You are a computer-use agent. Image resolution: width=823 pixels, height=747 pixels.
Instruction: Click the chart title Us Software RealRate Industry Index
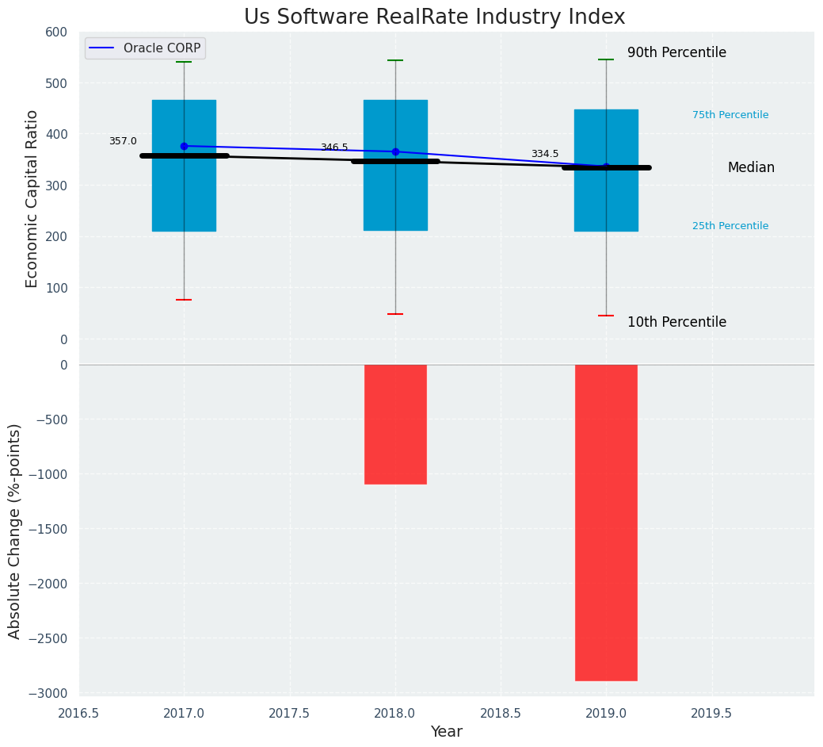[434, 17]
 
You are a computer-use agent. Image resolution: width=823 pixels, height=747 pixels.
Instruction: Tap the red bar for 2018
[395, 424]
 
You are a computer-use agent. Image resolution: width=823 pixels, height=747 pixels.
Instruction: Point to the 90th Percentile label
[676, 53]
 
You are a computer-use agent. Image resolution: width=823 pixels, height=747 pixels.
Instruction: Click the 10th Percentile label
[676, 323]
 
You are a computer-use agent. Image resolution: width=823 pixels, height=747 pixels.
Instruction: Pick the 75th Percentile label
[730, 115]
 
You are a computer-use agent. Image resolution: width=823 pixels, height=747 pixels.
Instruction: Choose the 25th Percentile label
[730, 226]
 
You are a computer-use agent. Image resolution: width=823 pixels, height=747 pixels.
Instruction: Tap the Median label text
[751, 168]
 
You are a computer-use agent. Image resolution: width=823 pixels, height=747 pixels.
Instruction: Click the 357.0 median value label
[123, 141]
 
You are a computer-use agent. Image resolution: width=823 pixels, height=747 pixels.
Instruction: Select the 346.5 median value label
[334, 147]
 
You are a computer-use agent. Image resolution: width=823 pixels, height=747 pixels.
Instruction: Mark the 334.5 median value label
[545, 154]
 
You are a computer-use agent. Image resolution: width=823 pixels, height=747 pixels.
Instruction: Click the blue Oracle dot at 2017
[184, 146]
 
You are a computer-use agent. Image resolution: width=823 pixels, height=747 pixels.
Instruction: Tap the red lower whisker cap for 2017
[184, 300]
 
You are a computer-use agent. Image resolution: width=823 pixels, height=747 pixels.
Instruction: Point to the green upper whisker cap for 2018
[395, 60]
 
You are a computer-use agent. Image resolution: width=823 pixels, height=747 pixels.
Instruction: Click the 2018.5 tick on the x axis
[501, 713]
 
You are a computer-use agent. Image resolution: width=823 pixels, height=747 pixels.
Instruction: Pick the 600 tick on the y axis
[56, 32]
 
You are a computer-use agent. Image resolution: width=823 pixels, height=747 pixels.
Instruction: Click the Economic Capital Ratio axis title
[32, 198]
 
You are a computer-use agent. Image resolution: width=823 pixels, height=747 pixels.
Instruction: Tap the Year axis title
[447, 732]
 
